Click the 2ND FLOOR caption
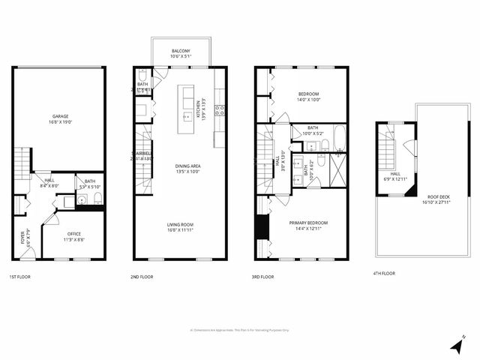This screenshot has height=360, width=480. click(141, 277)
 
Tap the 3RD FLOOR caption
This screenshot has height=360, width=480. click(262, 277)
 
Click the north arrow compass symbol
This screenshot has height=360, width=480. click(457, 345)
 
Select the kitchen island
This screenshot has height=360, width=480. click(187, 109)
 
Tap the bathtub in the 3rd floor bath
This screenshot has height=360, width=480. click(337, 138)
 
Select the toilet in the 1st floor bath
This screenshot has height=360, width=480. click(97, 199)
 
